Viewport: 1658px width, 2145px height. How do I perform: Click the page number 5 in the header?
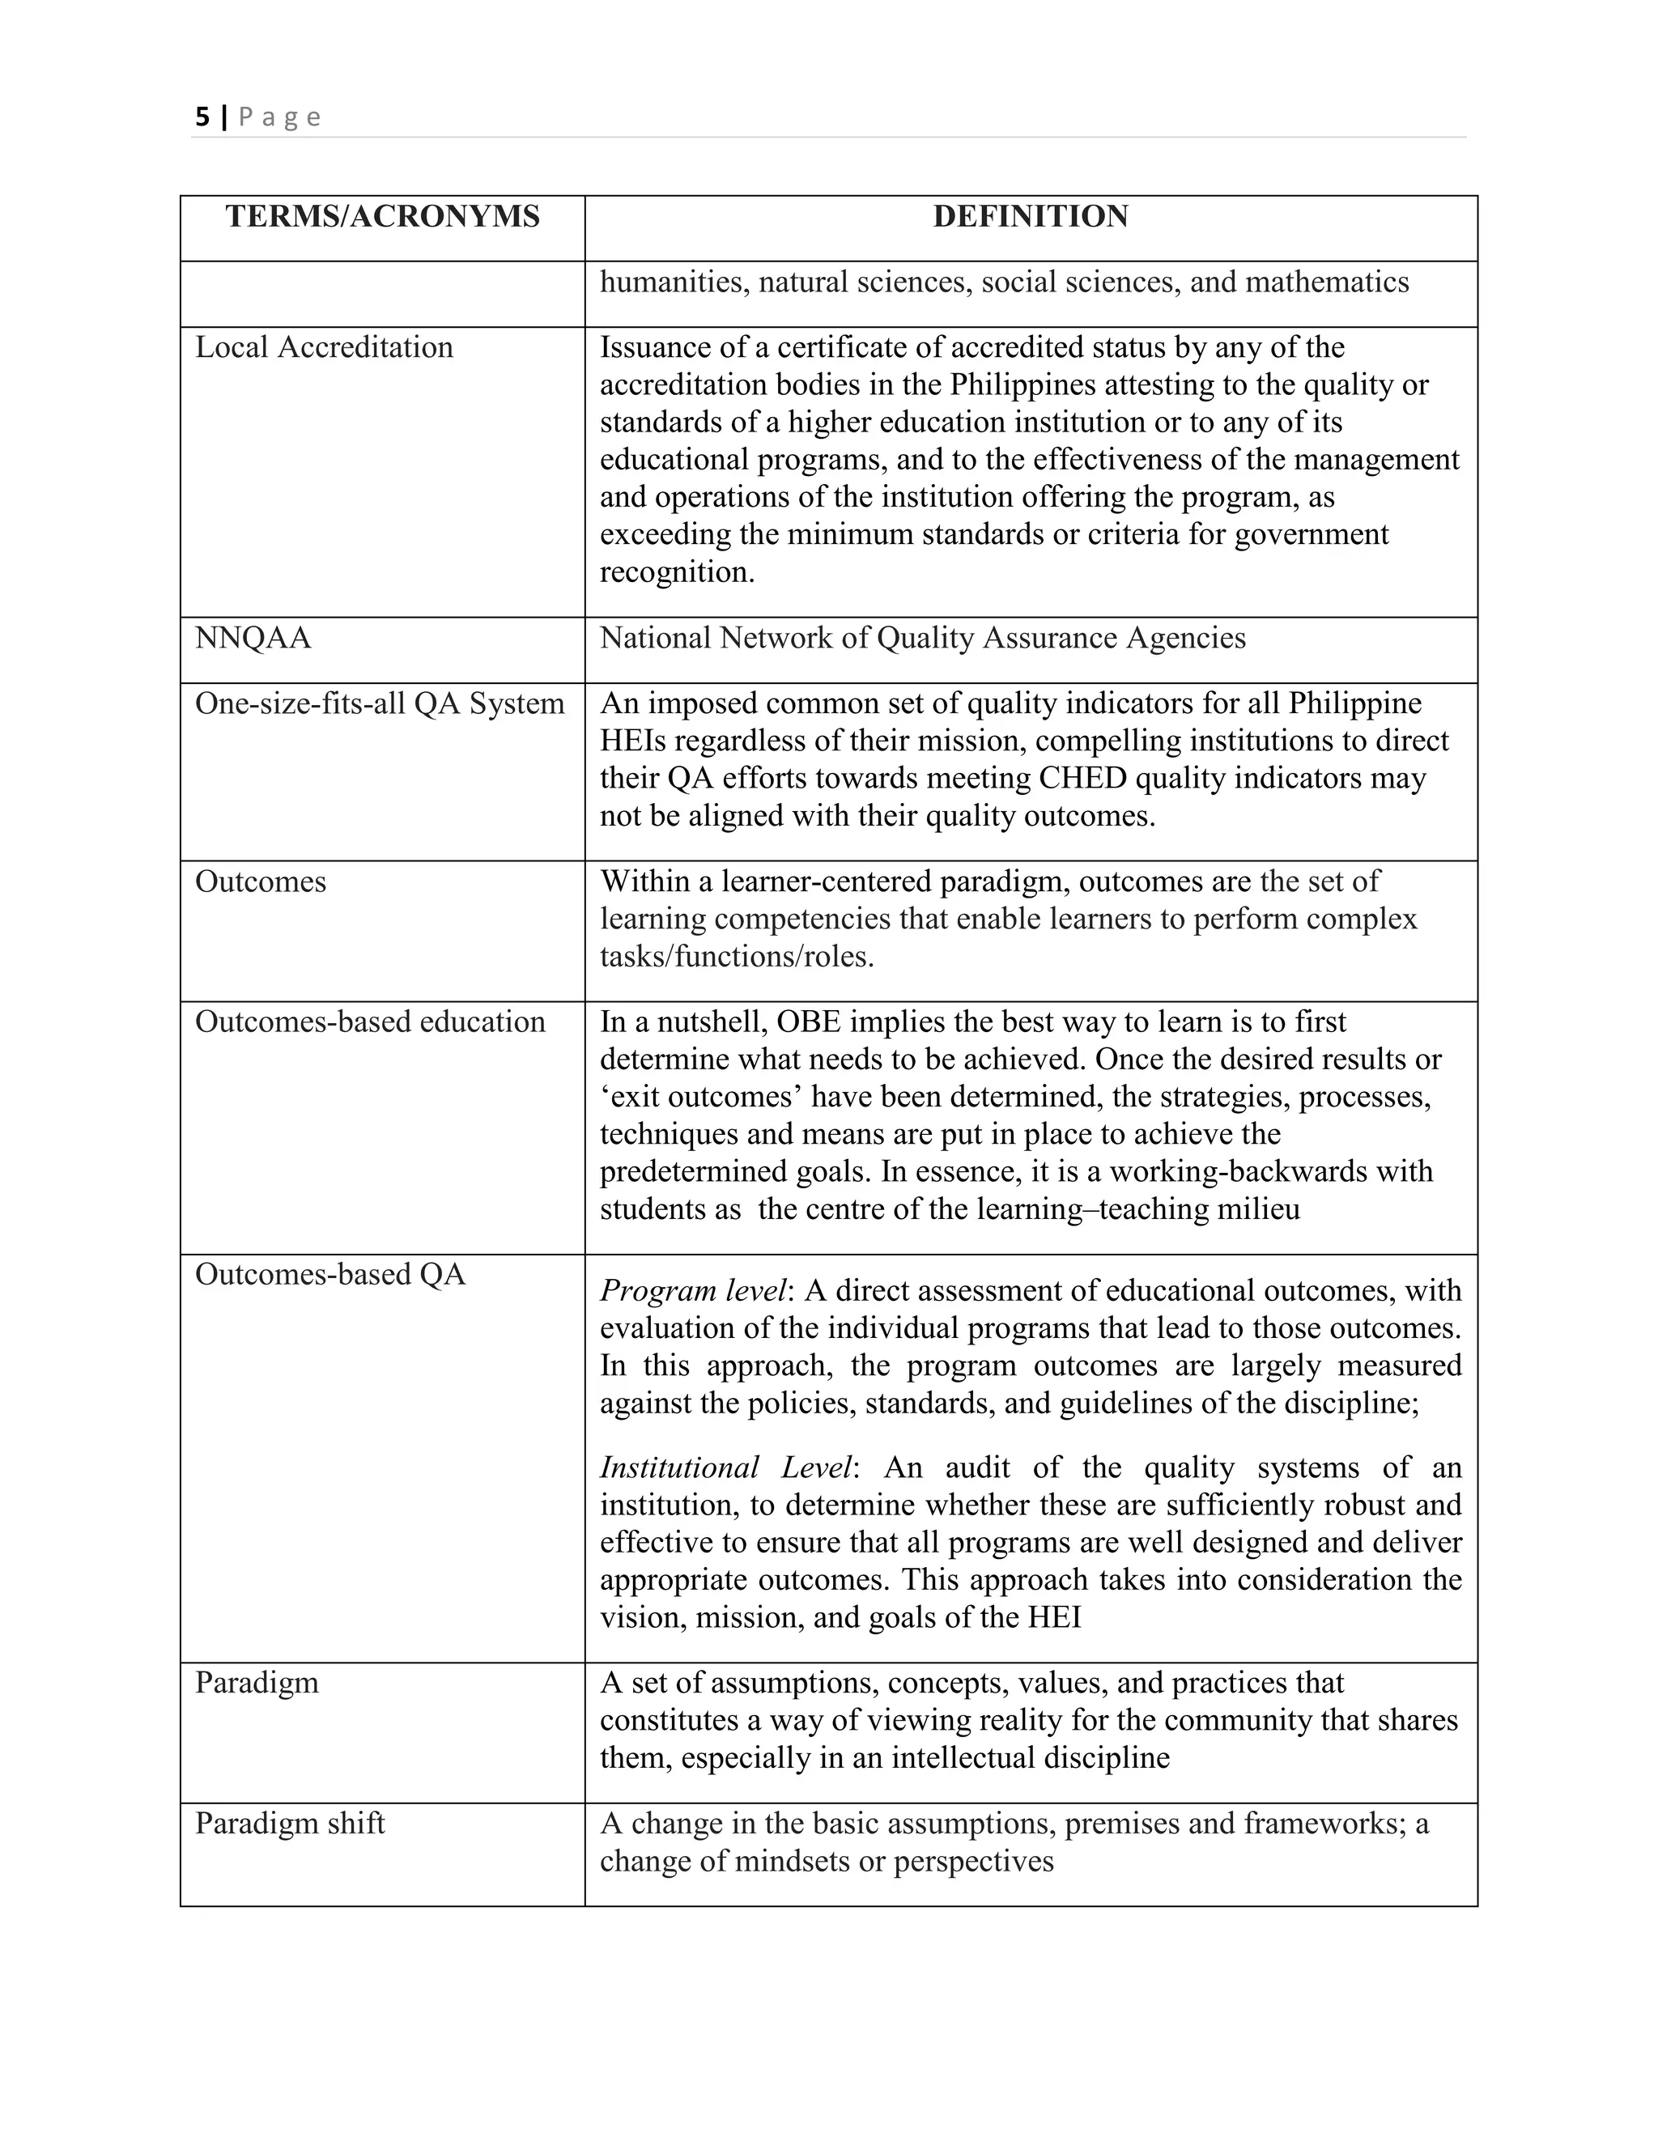pyautogui.click(x=202, y=118)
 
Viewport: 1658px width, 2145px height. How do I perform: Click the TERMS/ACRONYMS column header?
pyautogui.click(x=382, y=217)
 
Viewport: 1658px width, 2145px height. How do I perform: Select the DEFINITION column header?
pyautogui.click(x=1031, y=217)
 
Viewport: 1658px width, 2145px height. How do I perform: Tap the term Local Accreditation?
pyautogui.click(x=324, y=348)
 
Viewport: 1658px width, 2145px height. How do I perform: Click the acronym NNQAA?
pyautogui.click(x=253, y=639)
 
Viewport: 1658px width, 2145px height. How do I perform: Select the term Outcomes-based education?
pyautogui.click(x=370, y=1022)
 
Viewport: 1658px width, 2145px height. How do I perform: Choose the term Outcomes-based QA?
pyautogui.click(x=330, y=1275)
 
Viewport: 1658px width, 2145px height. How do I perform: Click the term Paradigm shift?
pyautogui.click(x=290, y=1824)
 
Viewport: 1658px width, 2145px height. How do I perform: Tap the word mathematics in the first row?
pyautogui.click(x=1327, y=282)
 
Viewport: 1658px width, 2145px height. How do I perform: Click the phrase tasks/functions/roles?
pyautogui.click(x=737, y=957)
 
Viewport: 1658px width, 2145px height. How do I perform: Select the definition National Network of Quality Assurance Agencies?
pyautogui.click(x=922, y=639)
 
